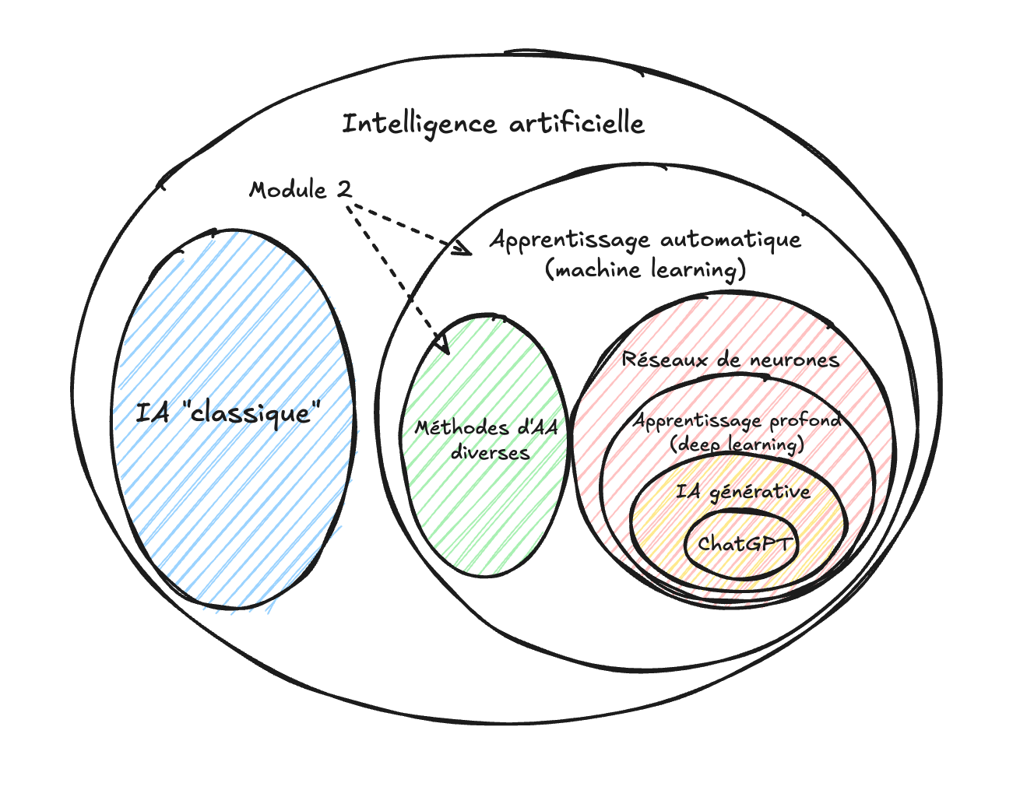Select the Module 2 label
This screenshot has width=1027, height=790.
pos(300,189)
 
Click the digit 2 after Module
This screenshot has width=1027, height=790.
pos(343,189)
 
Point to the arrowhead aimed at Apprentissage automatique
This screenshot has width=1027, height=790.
pos(464,249)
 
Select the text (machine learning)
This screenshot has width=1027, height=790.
pos(645,269)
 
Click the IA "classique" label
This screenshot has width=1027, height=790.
pos(228,412)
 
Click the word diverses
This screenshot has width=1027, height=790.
pos(490,452)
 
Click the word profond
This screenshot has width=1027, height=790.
pos(805,420)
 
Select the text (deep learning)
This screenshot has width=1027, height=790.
pos(737,444)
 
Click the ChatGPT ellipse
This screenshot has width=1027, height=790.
pos(744,543)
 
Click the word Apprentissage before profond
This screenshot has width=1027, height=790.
pos(697,421)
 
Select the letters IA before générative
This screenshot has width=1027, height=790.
pos(688,491)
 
